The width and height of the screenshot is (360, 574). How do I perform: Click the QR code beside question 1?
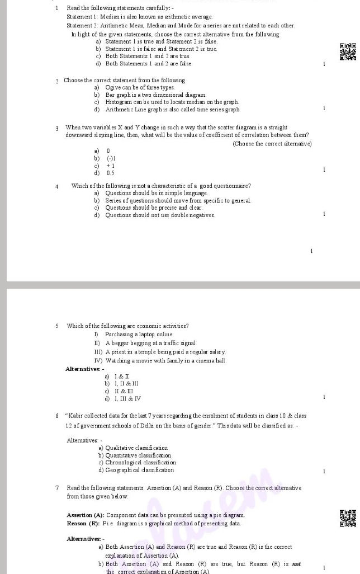point(347,51)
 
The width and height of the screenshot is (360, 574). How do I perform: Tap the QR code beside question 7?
point(347,518)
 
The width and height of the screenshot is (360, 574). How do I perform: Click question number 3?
point(57,128)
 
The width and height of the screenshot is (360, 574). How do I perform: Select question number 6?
point(57,416)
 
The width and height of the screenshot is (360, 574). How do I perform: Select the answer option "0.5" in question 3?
point(111,173)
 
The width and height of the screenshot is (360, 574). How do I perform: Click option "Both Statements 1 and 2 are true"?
point(148,57)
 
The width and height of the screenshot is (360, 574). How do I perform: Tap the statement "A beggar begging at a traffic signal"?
point(151,343)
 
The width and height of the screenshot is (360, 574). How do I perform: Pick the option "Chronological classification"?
point(137,463)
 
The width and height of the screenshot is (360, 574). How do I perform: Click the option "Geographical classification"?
point(136,470)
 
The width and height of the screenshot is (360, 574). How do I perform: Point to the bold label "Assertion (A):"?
point(85,515)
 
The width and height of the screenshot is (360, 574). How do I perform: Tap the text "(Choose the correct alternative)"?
point(272,144)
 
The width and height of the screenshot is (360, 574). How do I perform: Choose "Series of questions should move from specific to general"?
point(178,200)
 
